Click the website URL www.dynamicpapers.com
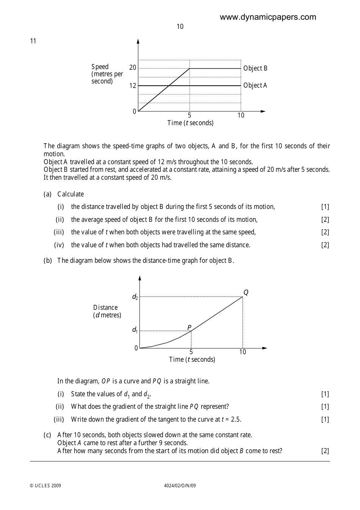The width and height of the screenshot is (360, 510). click(268, 17)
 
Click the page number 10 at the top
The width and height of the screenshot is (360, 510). click(180, 27)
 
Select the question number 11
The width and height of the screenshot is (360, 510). click(33, 41)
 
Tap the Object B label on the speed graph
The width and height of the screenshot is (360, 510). click(255, 68)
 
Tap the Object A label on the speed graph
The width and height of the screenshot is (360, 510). click(255, 85)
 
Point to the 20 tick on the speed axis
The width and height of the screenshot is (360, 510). click(133, 68)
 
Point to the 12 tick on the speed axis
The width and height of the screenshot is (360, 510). click(133, 86)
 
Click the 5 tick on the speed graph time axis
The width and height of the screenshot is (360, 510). click(189, 115)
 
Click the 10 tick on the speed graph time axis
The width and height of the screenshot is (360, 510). click(241, 115)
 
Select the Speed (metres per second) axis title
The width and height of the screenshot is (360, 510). click(107, 74)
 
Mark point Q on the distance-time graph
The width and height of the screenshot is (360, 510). click(246, 293)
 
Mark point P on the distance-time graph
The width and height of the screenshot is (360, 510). click(189, 328)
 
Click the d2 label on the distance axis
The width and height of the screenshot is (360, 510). click(135, 297)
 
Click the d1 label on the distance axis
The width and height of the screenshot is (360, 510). click(135, 330)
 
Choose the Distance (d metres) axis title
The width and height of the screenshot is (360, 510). click(107, 311)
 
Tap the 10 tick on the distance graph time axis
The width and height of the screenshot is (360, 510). click(243, 352)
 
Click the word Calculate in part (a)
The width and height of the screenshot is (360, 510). click(70, 194)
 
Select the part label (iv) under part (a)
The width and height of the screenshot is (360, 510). click(59, 245)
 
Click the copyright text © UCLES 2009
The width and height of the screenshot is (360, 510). click(45, 486)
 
